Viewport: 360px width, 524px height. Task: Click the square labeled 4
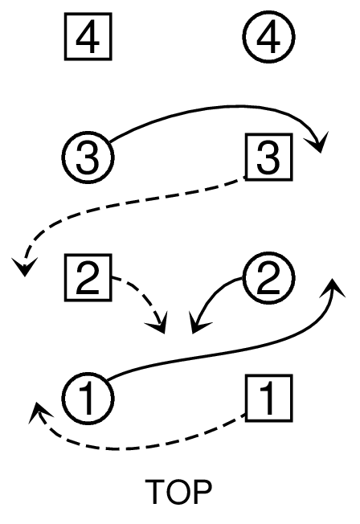point(88,36)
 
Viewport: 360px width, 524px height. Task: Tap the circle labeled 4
point(268,36)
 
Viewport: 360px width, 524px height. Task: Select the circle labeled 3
point(88,157)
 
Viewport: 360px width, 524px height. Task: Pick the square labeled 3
point(268,157)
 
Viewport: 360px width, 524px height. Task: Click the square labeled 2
point(88,277)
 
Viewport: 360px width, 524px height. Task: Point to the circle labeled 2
point(268,277)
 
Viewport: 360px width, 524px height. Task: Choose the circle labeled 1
point(88,398)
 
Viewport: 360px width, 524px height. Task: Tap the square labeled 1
point(268,398)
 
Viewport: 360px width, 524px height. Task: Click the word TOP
point(178,492)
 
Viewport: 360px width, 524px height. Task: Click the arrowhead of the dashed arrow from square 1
point(39,411)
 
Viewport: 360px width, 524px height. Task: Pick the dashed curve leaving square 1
point(133,448)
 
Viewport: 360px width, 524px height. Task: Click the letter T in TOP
point(154,492)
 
